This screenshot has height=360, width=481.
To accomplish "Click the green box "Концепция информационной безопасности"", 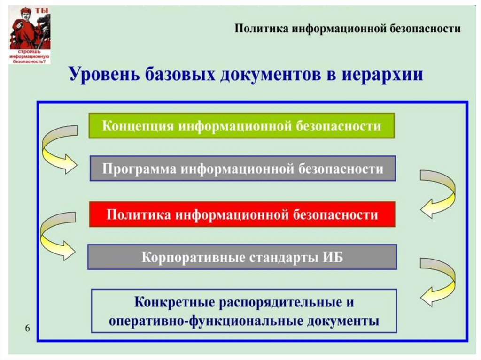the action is point(241,125).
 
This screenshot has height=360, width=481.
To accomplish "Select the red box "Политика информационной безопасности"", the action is point(242,214).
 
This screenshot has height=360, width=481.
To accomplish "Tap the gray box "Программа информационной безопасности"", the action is point(243,169).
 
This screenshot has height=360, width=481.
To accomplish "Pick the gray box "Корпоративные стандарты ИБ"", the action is point(242,257).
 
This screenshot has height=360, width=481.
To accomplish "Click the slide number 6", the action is point(27,328).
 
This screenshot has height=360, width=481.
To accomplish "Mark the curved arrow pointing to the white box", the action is point(437,282).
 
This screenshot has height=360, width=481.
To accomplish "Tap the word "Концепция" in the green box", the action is point(133,126).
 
